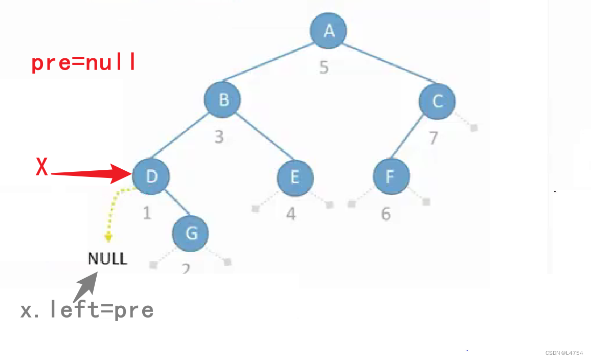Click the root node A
329,31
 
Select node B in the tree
223,100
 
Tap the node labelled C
437,101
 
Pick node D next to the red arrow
151,176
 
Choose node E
295,177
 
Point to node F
391,176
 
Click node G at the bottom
191,233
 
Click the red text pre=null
84,63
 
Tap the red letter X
42,167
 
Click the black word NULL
107,258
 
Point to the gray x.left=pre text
87,310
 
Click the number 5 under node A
323,67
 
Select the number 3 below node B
219,137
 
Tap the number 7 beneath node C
433,138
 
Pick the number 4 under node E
291,213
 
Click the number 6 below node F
385,214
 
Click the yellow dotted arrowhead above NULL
108,236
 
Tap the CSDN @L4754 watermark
564,353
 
